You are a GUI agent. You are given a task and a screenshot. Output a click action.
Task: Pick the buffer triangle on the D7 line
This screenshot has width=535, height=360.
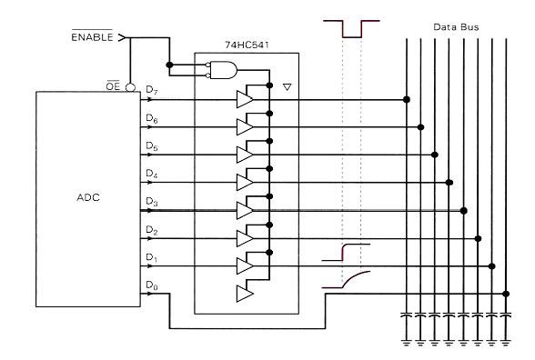[x=245, y=99]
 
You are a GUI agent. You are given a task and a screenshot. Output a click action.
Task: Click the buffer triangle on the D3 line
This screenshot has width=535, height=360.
[x=245, y=210]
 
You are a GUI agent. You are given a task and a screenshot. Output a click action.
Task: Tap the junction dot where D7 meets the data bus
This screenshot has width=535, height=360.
[x=407, y=99]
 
